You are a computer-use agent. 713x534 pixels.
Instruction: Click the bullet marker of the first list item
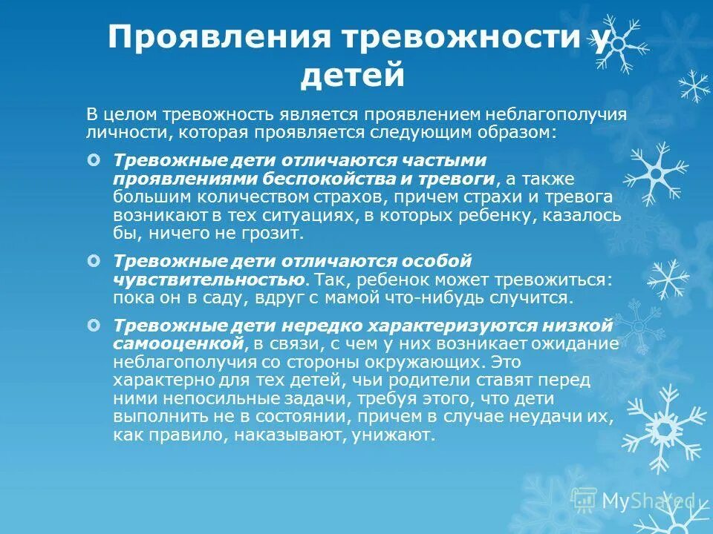[93, 160]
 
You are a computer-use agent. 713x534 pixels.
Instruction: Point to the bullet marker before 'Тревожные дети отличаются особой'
[93, 261]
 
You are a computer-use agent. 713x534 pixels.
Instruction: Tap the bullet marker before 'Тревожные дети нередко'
[93, 325]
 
